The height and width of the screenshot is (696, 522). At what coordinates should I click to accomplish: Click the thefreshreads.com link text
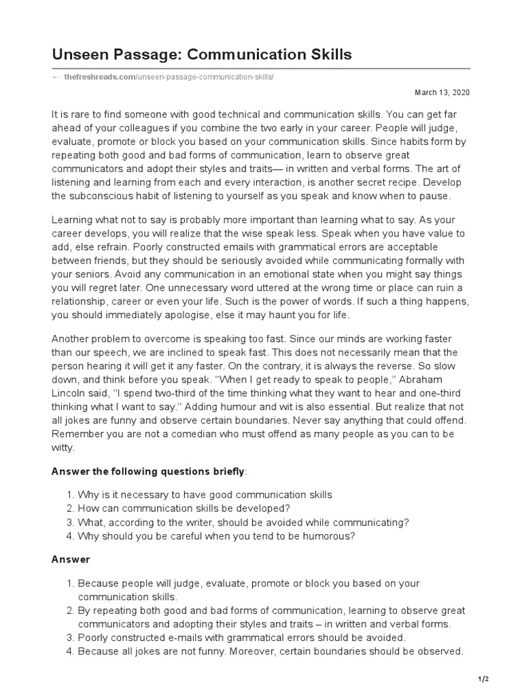pos(100,77)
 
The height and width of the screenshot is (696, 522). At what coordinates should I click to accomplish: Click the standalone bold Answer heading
pos(71,559)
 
